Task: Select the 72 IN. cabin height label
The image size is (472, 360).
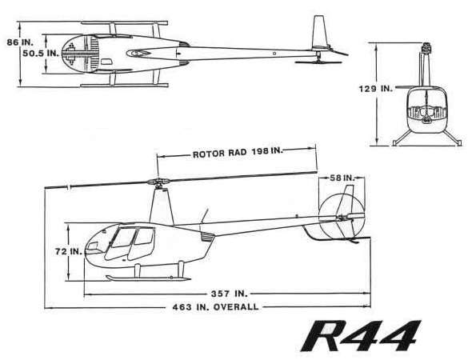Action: tap(68, 250)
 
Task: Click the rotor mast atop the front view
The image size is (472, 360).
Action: tap(425, 56)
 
